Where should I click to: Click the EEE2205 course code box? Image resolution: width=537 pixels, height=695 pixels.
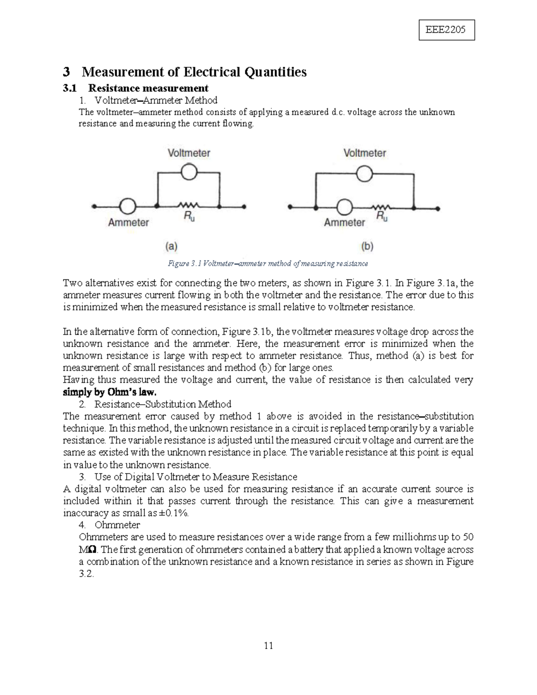pyautogui.click(x=446, y=30)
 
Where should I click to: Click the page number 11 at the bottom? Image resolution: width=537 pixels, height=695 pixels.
pyautogui.click(x=268, y=645)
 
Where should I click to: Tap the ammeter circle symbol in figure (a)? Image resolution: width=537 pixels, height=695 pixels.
pyautogui.click(x=128, y=206)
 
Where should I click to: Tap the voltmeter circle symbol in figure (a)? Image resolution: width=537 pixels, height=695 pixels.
pyautogui.click(x=189, y=171)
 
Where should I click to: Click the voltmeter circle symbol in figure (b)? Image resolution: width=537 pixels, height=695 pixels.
pyautogui.click(x=365, y=174)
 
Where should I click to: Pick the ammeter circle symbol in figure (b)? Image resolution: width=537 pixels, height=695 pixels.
pyautogui.click(x=344, y=208)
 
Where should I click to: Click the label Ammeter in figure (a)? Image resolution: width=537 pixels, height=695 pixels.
pyautogui.click(x=128, y=222)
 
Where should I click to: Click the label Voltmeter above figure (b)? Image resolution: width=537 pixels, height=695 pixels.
pyautogui.click(x=364, y=153)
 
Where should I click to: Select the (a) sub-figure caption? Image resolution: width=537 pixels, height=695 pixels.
pyautogui.click(x=171, y=246)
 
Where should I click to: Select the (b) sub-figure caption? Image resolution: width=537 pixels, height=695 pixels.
pyautogui.click(x=367, y=246)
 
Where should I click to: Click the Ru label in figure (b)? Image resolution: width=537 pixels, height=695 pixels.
pyautogui.click(x=382, y=217)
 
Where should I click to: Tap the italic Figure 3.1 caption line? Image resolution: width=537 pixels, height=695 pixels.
pyautogui.click(x=268, y=264)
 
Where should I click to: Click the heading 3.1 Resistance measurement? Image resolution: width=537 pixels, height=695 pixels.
pyautogui.click(x=135, y=88)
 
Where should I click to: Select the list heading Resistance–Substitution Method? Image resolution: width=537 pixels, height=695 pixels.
pyautogui.click(x=163, y=404)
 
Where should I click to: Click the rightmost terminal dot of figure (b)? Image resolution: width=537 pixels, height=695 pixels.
pyautogui.click(x=438, y=209)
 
